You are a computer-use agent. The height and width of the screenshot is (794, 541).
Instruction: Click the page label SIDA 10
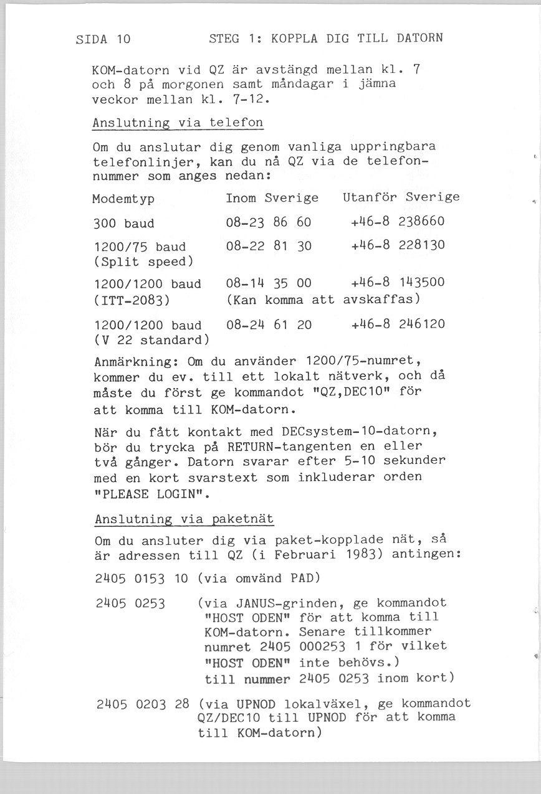point(103,39)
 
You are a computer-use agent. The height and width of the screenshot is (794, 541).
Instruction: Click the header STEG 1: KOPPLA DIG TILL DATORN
point(326,37)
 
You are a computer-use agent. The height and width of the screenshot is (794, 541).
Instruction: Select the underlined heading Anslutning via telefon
point(178,123)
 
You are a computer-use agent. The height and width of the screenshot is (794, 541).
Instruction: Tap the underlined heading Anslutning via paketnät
point(184,519)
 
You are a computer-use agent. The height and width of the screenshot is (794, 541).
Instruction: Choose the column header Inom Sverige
point(272,197)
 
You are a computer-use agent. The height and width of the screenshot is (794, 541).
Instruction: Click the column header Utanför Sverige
point(401,197)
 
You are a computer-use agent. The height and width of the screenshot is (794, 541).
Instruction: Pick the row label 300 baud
point(123,224)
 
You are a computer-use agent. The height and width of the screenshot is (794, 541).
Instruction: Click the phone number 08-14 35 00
point(268,283)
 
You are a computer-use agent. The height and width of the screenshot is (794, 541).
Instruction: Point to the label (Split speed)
point(143,260)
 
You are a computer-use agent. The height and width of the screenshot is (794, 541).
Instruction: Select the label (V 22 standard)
point(151,341)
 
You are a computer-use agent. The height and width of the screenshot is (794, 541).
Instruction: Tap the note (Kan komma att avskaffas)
point(323,300)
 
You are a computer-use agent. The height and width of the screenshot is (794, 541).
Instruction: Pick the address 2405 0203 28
point(143,704)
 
